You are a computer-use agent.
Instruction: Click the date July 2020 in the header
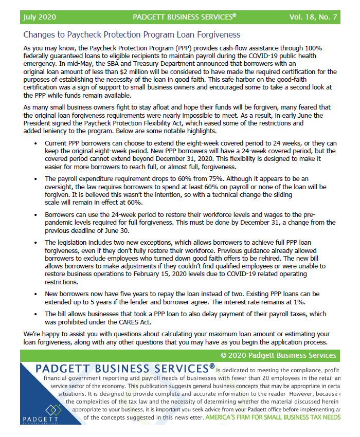click(x=40, y=17)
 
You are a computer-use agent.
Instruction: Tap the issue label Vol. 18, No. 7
click(x=313, y=17)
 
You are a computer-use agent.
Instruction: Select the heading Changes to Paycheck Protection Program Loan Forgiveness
click(x=132, y=35)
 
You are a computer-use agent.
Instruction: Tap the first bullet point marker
click(x=35, y=143)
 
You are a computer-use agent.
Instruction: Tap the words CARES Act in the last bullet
click(x=134, y=322)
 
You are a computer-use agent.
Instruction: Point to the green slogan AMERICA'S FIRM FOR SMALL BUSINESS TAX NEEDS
click(x=273, y=417)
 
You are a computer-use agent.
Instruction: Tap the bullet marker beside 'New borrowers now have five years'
click(x=35, y=294)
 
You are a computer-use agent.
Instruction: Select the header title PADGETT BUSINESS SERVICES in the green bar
click(x=184, y=17)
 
